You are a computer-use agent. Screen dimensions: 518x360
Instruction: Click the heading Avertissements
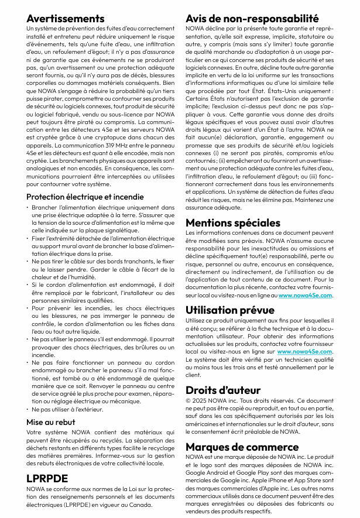66,19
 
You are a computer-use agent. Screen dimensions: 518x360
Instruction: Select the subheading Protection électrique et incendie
85,197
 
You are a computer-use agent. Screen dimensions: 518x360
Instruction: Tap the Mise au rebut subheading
51,421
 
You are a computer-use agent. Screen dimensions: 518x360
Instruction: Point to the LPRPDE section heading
47,478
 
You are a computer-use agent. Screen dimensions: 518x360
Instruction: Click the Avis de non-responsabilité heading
252,18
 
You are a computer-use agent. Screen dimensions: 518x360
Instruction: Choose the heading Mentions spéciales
233,222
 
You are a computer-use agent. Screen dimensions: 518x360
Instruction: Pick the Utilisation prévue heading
230,310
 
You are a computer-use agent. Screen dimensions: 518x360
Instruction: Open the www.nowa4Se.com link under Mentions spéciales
306,296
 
